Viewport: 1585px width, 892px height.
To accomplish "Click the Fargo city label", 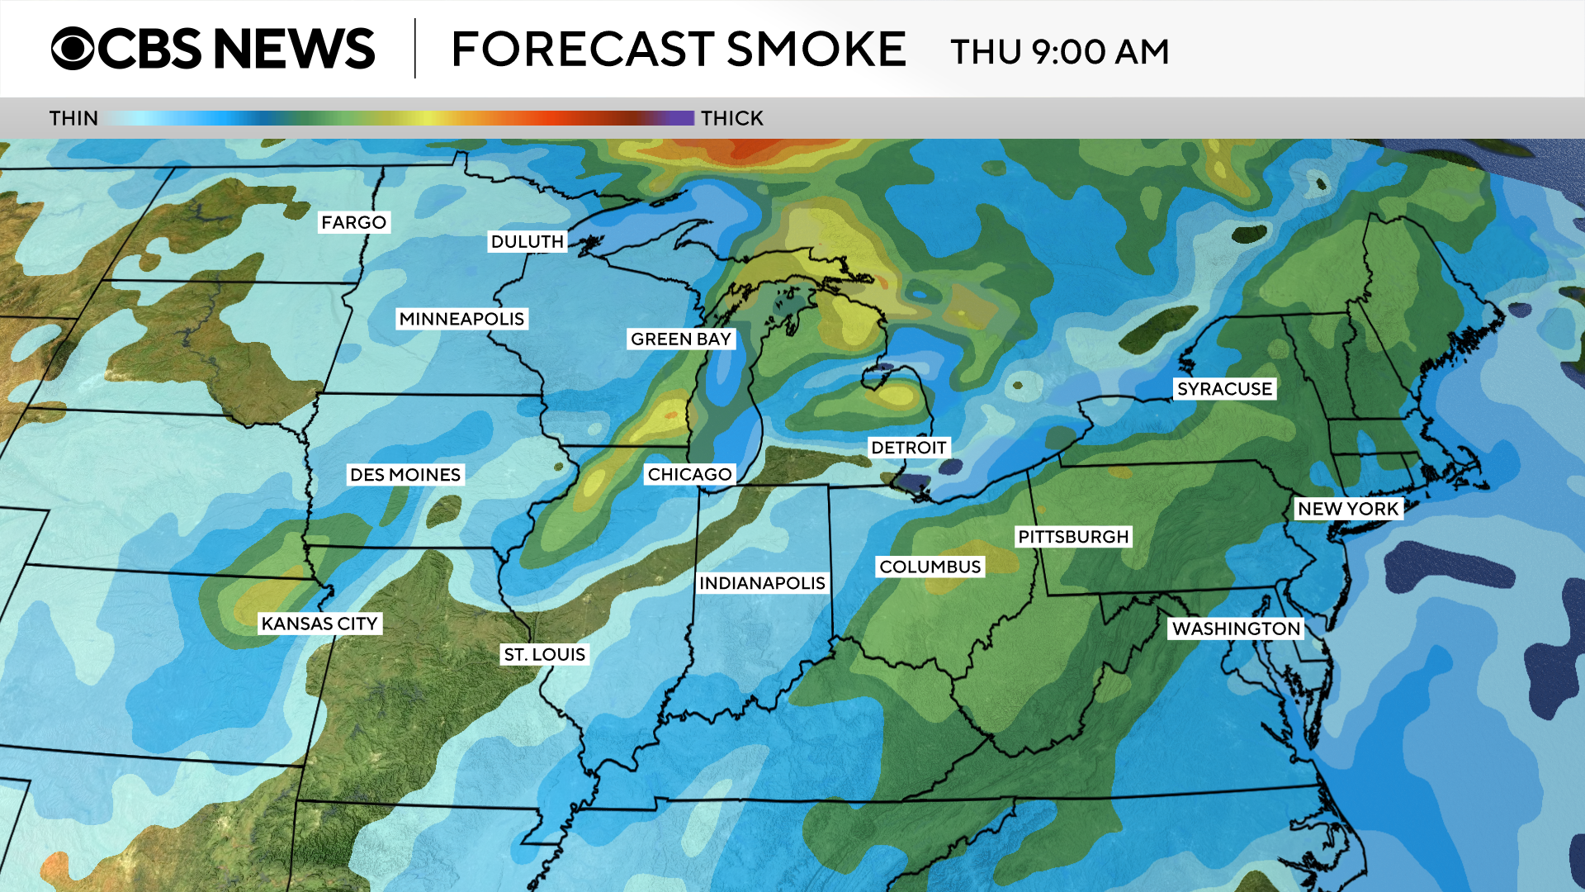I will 353,223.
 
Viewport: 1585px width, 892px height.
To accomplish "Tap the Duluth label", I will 527,242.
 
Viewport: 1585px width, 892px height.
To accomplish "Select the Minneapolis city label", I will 461,319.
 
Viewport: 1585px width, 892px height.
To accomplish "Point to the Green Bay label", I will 680,339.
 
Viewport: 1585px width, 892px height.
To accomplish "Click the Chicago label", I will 689,475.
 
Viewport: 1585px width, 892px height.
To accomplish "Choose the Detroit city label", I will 908,448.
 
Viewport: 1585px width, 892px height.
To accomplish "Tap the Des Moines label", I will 405,475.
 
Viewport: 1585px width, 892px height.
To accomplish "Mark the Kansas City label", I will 319,624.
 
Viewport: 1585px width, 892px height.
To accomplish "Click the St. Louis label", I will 544,655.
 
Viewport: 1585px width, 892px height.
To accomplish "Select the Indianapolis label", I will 762,584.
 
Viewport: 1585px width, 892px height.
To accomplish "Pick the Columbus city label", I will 930,567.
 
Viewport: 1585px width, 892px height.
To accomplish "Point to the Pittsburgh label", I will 1072,537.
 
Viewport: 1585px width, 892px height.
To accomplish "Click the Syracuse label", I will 1224,389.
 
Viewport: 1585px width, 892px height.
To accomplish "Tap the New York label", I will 1348,509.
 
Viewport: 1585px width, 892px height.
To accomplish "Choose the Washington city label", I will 1236,629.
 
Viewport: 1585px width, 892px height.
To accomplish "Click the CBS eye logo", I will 73,49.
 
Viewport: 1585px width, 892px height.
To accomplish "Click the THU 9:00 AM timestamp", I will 1059,52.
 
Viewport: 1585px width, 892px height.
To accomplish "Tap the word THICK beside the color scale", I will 731,119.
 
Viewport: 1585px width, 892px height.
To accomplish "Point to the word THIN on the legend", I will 73,119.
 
